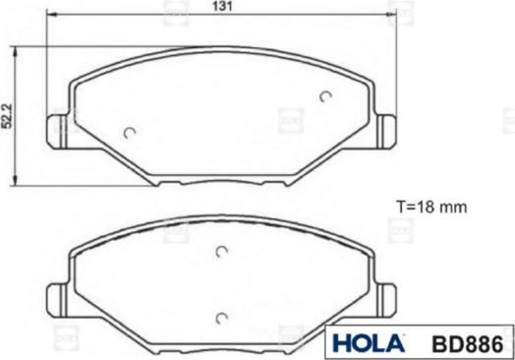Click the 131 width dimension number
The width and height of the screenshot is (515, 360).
tap(222, 6)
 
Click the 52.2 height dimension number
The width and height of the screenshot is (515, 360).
tap(7, 116)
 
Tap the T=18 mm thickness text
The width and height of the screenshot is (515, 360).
tap(431, 208)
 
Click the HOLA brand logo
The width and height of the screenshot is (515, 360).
tap(369, 343)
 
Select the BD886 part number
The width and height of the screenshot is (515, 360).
tap(467, 344)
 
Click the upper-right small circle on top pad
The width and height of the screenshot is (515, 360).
tap(325, 96)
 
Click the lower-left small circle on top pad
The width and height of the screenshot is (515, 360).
tap(130, 133)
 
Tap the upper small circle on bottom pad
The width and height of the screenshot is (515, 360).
tap(222, 252)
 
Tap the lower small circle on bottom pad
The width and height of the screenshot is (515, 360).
tap(222, 319)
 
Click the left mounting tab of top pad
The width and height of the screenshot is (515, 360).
tap(58, 132)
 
